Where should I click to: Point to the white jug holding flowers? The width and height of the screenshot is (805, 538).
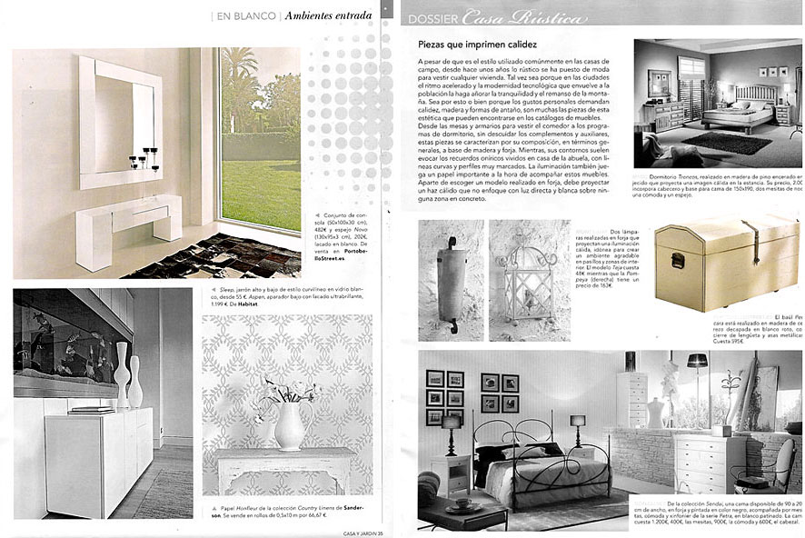click(290, 427)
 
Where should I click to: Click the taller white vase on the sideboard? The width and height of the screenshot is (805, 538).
click(121, 374)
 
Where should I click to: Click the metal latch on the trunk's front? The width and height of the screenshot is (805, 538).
click(676, 262)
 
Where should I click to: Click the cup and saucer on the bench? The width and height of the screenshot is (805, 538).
click(462, 502)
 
